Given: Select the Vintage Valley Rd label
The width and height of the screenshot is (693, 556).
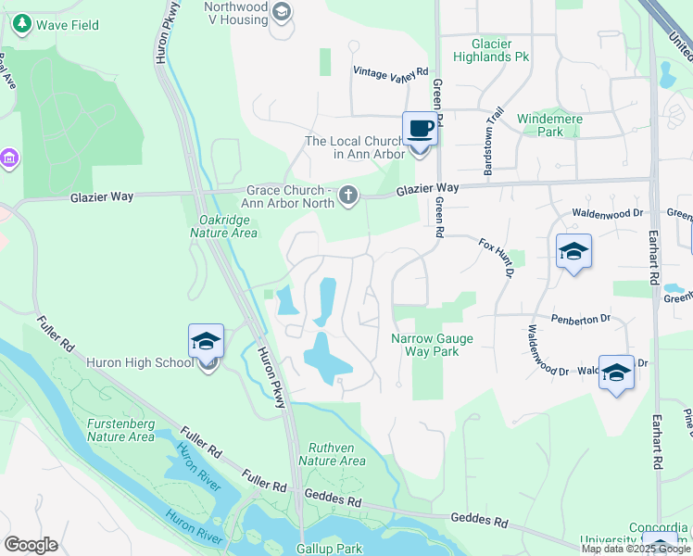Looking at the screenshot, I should [391, 71].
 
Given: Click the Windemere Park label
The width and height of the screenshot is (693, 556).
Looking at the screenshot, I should [539, 125].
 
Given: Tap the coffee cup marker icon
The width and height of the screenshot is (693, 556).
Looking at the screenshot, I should [420, 128].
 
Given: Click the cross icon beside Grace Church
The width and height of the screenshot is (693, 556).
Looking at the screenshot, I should [348, 195].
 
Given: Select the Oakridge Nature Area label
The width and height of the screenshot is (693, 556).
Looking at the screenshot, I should [228, 227].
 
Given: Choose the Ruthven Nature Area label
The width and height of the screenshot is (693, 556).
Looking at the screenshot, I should [332, 454].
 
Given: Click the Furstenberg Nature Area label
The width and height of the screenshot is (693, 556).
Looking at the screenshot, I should [120, 430].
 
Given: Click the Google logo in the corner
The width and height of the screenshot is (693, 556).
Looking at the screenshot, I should [31, 545].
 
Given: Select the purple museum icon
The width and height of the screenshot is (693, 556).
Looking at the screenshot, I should [10, 158].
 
